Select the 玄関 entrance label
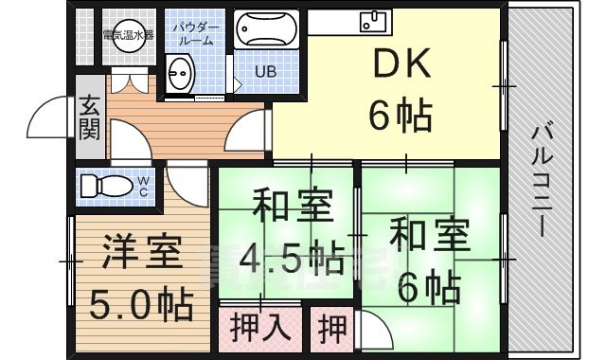click(x=89, y=118)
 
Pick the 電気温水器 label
click(x=128, y=35)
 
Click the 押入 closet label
click(x=260, y=329)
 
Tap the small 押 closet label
click(x=332, y=329)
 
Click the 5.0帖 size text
click(x=141, y=304)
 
